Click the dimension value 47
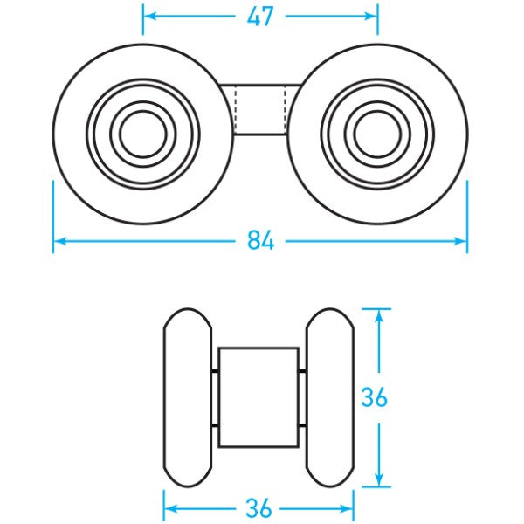[x=260, y=16]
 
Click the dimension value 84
[x=260, y=240]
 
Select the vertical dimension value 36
[x=375, y=397]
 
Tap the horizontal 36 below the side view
[x=259, y=507]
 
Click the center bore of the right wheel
[x=376, y=133]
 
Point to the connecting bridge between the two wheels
[x=260, y=109]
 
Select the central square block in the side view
[x=259, y=397]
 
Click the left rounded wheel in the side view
[x=188, y=397]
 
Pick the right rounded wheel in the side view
[x=329, y=397]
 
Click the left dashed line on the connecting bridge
[x=236, y=109]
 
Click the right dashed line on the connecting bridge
[x=286, y=109]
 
